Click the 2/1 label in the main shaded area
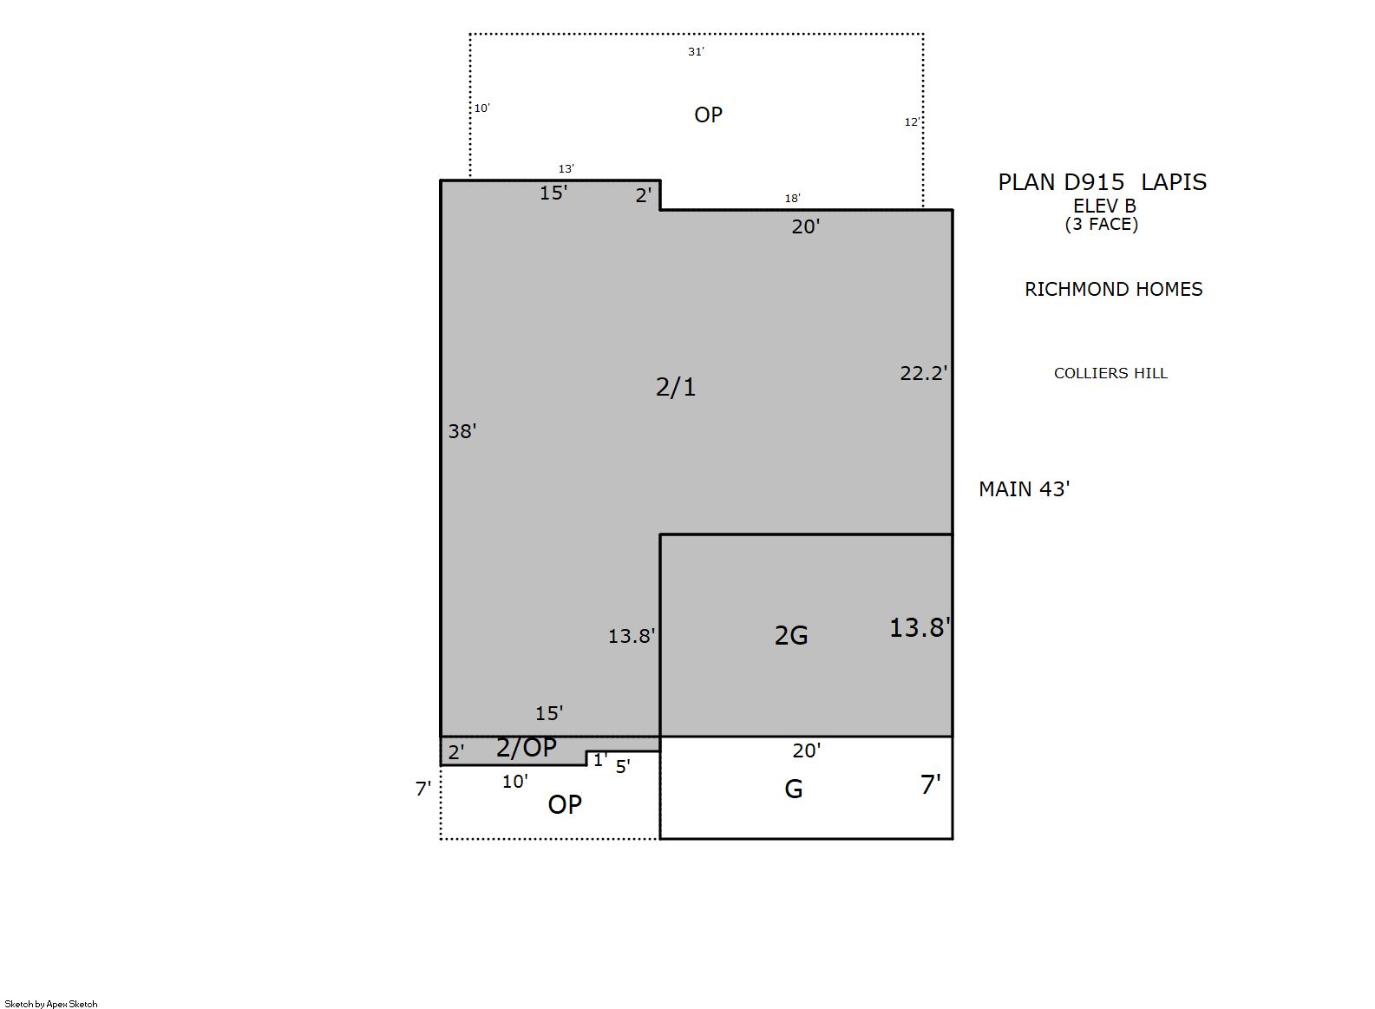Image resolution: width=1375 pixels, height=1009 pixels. (676, 387)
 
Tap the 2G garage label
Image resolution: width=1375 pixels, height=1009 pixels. (791, 636)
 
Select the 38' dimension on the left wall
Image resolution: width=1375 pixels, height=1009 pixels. (462, 431)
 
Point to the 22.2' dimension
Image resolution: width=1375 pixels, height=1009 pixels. (924, 373)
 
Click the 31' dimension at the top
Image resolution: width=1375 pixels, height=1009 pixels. (696, 52)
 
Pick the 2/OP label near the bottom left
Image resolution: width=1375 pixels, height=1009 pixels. (526, 748)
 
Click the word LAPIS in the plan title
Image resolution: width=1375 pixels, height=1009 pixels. (1174, 182)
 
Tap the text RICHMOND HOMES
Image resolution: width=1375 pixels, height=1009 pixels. (1114, 289)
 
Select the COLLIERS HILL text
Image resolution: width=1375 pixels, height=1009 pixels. (1110, 373)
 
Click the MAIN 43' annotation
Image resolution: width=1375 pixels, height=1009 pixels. (1025, 489)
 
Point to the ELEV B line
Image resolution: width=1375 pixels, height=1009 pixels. (1104, 206)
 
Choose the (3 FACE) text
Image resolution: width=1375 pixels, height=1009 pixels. (1102, 225)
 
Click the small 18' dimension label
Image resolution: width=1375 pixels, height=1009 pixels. (792, 198)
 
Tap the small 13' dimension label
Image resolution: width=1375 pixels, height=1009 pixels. (566, 169)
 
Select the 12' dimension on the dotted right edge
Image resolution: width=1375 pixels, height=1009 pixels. (912, 122)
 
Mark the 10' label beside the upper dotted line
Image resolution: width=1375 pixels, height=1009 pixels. (481, 108)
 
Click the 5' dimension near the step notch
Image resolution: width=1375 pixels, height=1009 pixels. (623, 767)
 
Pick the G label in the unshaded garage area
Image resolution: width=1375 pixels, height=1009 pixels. (794, 790)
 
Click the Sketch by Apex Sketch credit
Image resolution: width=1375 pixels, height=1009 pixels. (51, 1004)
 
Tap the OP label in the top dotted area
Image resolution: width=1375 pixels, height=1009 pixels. (709, 115)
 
